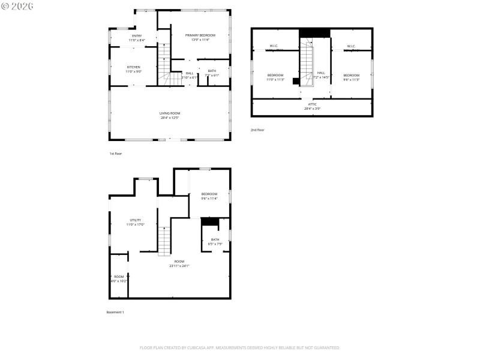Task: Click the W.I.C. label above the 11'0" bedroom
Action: tap(274, 46)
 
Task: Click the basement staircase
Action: tap(164, 241)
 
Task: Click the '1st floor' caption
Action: tap(116, 154)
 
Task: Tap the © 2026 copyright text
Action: tap(18, 6)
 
